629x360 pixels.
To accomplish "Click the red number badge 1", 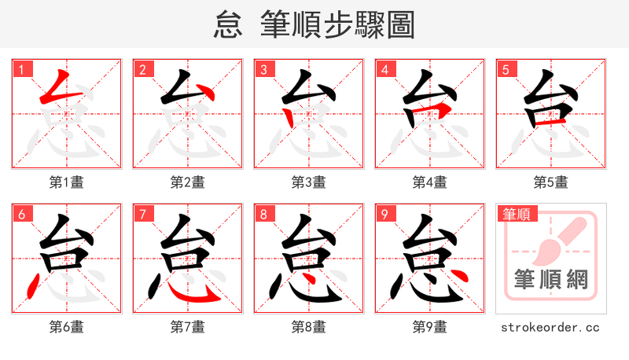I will (x=22, y=70).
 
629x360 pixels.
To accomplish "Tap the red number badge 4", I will (x=385, y=70).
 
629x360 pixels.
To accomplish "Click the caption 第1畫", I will (x=67, y=182).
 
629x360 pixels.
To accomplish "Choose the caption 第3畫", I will (x=309, y=182).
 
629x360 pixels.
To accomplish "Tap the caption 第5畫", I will (x=551, y=182).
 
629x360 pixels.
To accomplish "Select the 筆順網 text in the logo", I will (x=551, y=280).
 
